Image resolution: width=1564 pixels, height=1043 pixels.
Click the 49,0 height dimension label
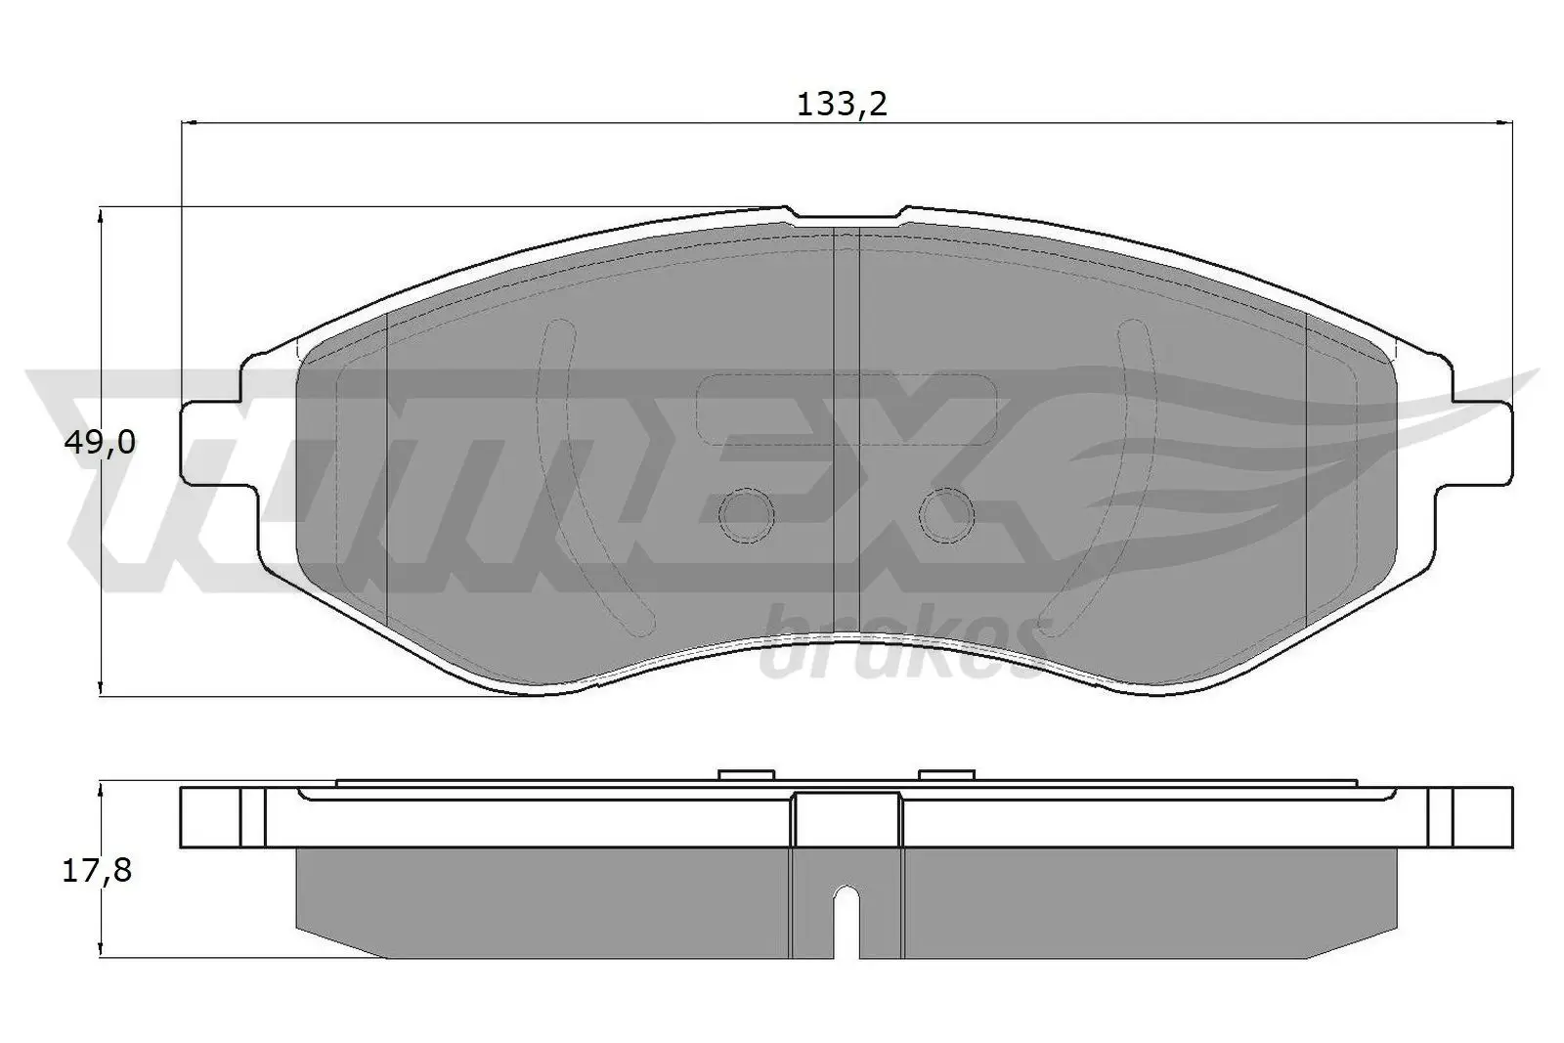pyautogui.click(x=99, y=443)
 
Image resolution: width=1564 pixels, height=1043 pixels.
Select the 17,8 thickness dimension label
pyautogui.click(x=97, y=870)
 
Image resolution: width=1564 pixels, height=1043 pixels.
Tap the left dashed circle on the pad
pyautogui.click(x=745, y=514)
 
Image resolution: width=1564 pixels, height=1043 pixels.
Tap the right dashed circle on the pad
pyautogui.click(x=945, y=514)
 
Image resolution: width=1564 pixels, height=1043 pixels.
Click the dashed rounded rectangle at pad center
pyautogui.click(x=845, y=408)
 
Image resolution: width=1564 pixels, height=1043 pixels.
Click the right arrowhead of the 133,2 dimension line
pyautogui.click(x=1504, y=123)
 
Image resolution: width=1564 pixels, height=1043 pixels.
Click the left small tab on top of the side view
pyautogui.click(x=745, y=776)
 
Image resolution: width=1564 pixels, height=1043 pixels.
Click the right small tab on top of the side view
pyautogui.click(x=946, y=776)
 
